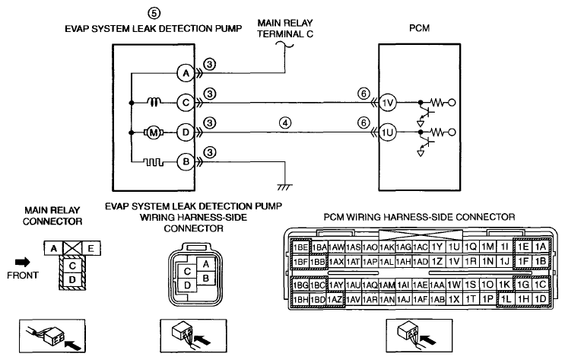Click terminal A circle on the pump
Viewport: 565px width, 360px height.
pyautogui.click(x=186, y=74)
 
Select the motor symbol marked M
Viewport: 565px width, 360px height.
pyautogui.click(x=154, y=132)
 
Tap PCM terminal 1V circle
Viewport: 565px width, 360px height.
pyautogui.click(x=388, y=104)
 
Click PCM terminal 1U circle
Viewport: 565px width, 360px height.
pyautogui.click(x=388, y=132)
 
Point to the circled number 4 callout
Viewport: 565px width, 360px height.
pyautogui.click(x=285, y=123)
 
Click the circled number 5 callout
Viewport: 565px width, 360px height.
pyautogui.click(x=154, y=14)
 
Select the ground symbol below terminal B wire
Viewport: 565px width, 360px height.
pyautogui.click(x=285, y=187)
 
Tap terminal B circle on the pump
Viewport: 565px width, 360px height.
pyautogui.click(x=186, y=162)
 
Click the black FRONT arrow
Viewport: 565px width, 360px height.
pyautogui.click(x=23, y=263)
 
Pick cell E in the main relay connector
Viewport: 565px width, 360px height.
pyautogui.click(x=90, y=248)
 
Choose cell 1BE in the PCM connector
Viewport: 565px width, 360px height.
pyautogui.click(x=300, y=247)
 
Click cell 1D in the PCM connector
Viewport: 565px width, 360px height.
pyautogui.click(x=541, y=299)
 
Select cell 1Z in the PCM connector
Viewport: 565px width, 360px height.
pyautogui.click(x=436, y=261)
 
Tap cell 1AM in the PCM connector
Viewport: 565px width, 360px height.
pyautogui.click(x=387, y=285)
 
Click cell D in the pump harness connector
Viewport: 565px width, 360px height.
pyautogui.click(x=187, y=285)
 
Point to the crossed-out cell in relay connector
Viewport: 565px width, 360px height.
pyautogui.click(x=72, y=248)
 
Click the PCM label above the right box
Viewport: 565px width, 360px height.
pyautogui.click(x=420, y=28)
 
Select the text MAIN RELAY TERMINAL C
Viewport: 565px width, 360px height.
pyautogui.click(x=285, y=28)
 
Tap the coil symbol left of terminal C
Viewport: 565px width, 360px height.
pyautogui.click(x=154, y=103)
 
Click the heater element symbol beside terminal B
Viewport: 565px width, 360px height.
pyautogui.click(x=154, y=163)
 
